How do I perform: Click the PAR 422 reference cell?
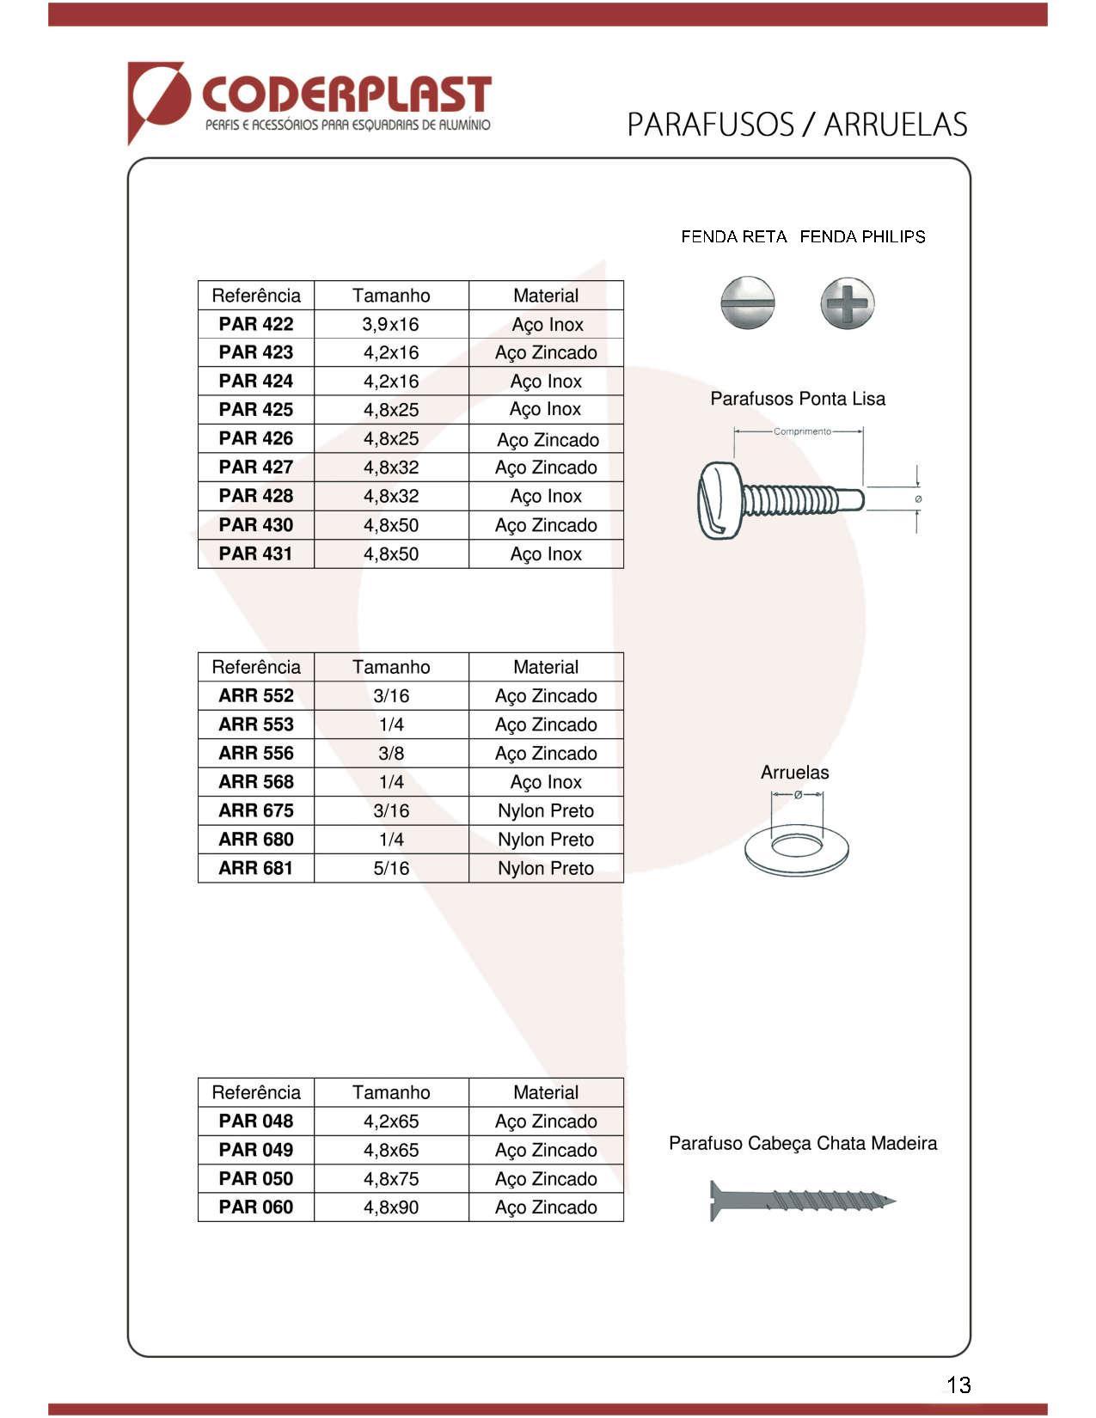[255, 324]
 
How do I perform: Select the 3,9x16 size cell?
[390, 324]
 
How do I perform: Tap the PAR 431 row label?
[255, 553]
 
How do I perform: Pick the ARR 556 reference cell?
[255, 753]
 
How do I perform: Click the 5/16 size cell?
[390, 868]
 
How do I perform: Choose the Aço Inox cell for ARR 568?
[545, 782]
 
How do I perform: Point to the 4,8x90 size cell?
[390, 1207]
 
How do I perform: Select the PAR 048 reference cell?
[255, 1121]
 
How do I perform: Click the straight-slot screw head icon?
[747, 303]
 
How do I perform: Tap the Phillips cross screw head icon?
[847, 303]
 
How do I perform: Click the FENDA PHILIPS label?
[862, 236]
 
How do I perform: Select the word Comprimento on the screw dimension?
[801, 431]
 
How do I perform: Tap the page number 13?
[958, 1384]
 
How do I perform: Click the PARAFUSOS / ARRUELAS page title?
[796, 125]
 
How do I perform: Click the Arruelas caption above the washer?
[794, 773]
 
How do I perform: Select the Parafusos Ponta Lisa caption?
[797, 399]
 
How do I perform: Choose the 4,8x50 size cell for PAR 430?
[390, 525]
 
